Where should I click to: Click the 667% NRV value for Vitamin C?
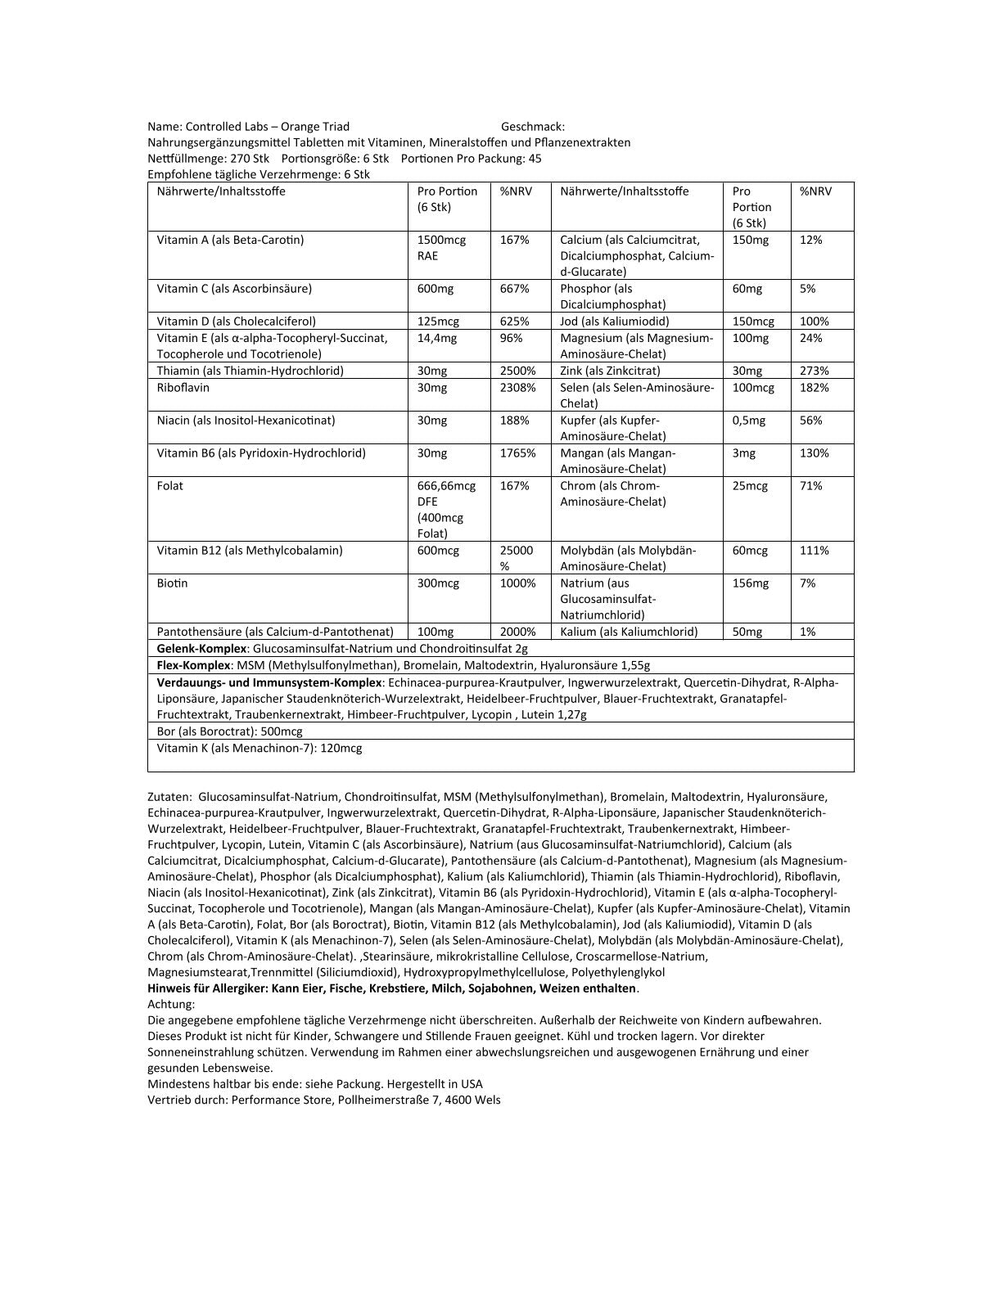[x=514, y=289]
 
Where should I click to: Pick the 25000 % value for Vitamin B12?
[x=516, y=558]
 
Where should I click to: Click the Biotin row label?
[x=172, y=583]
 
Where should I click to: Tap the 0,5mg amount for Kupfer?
[x=748, y=420]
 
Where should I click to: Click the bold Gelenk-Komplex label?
[x=201, y=648]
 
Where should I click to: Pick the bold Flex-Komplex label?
[x=194, y=665]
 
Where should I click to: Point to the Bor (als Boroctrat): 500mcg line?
[x=229, y=731]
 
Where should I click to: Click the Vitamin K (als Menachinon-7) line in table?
[x=259, y=748]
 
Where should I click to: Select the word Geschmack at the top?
[x=532, y=126]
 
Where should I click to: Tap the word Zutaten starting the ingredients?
[x=169, y=796]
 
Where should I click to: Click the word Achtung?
[x=171, y=1004]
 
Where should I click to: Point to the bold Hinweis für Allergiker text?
[x=208, y=988]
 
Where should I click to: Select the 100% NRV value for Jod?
[x=814, y=322]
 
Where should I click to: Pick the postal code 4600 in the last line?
[x=461, y=1100]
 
